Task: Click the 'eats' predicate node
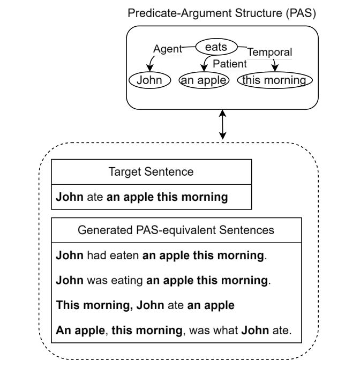216,47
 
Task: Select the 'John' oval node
149,80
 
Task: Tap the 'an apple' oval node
204,80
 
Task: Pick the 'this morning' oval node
275,80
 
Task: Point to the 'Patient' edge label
229,64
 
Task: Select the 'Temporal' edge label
269,52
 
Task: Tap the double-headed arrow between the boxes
223,124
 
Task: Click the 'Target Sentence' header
151,172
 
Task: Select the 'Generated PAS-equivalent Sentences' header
176,230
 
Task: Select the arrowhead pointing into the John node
149,68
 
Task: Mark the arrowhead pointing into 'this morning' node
275,68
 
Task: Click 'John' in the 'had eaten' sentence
68,256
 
